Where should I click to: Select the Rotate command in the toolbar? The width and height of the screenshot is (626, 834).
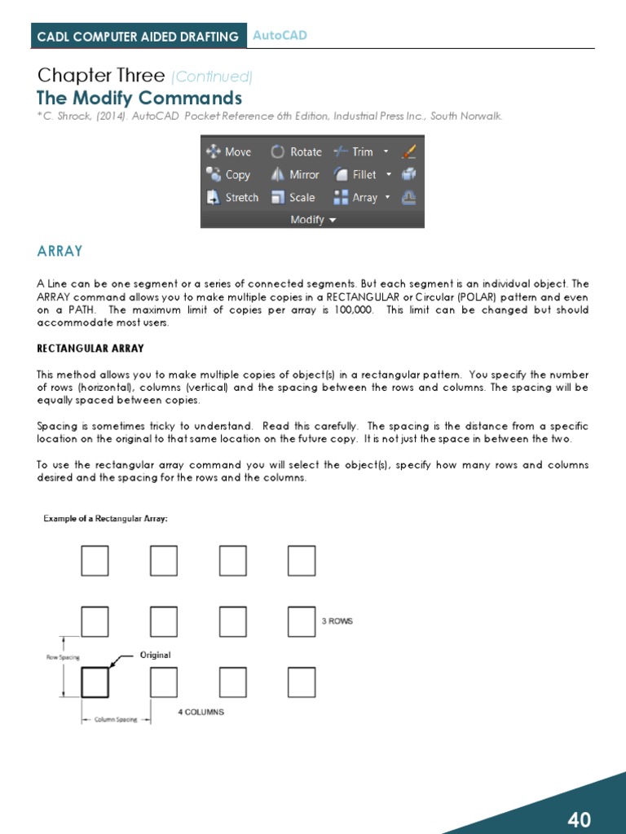[x=297, y=151]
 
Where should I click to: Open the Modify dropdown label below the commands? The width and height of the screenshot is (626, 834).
[x=313, y=220]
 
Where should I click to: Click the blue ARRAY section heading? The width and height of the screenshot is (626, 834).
[x=60, y=251]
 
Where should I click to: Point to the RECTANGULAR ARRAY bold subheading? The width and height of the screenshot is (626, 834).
[x=90, y=349]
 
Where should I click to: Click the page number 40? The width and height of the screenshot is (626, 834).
[x=579, y=819]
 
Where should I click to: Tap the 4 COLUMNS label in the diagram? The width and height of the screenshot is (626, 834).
[x=201, y=712]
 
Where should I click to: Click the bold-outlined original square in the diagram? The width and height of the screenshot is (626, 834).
[x=94, y=683]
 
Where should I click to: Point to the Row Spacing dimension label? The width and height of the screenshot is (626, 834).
[x=62, y=657]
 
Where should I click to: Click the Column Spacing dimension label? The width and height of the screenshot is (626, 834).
[x=115, y=719]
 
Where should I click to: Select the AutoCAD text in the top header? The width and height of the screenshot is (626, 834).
[x=280, y=36]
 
